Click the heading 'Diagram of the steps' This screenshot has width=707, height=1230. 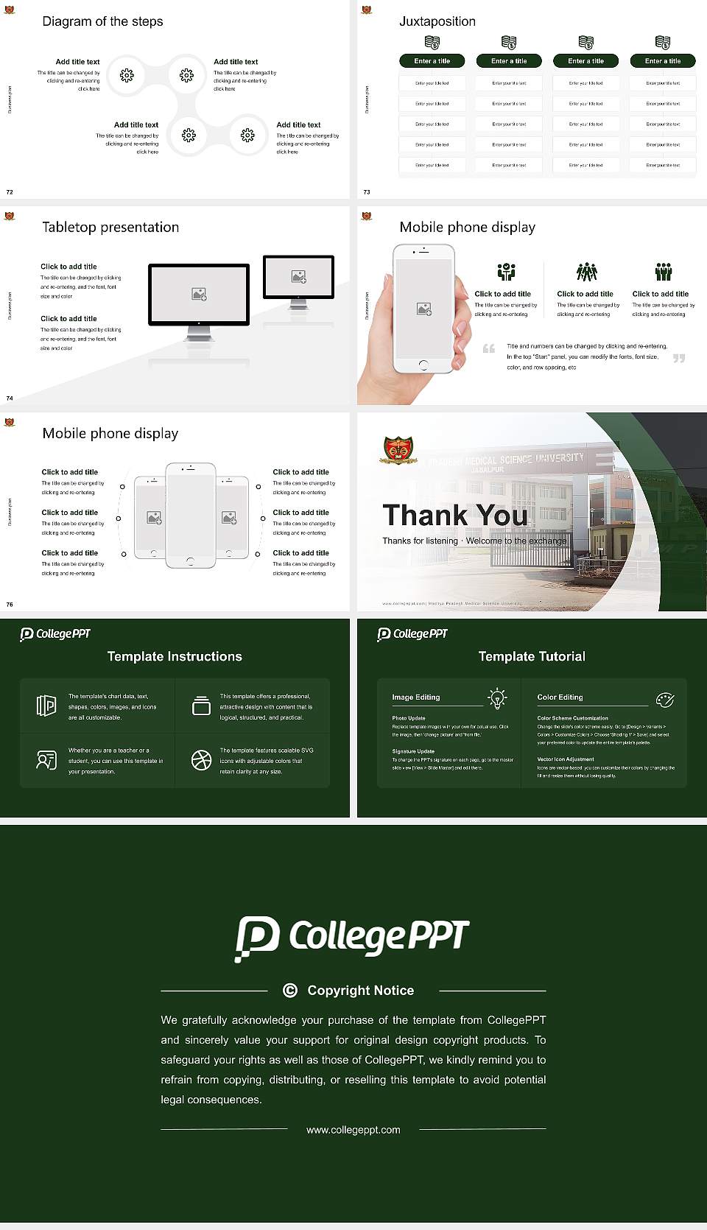coord(102,21)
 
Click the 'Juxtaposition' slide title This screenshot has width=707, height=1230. coord(437,21)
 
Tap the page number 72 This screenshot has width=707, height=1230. coord(10,191)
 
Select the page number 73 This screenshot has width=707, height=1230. coord(367,191)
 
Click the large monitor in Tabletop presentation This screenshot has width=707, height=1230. coord(199,295)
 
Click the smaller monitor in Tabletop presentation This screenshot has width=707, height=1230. coord(298,277)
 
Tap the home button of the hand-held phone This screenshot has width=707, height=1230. coord(423,365)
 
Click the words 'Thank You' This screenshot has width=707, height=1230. coord(455,515)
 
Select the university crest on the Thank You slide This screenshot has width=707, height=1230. coord(398,450)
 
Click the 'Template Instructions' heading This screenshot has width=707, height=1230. coord(175,656)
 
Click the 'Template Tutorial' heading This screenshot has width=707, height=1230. coord(532,656)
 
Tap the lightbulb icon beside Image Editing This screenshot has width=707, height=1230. coord(497,698)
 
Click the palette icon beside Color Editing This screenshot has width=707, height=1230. coord(664,699)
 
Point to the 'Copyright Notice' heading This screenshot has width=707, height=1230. coord(360,991)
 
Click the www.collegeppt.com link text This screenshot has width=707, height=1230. coord(353,1130)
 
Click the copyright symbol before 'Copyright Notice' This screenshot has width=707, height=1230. coord(290,991)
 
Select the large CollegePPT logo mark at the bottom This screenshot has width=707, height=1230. coord(257,938)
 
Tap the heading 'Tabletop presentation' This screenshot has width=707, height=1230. coord(110,227)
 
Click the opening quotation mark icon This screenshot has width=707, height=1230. coord(489,348)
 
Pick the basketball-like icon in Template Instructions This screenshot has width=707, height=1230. coord(201,760)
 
